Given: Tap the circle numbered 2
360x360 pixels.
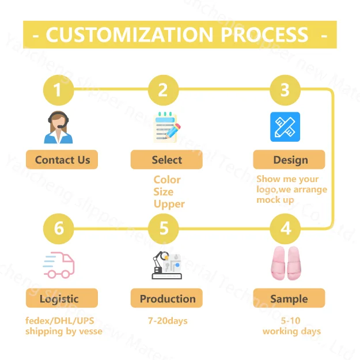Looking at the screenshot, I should [x=163, y=90].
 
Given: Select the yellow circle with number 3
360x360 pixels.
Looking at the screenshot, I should [x=285, y=90].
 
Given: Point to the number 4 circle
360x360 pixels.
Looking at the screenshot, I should [x=286, y=229].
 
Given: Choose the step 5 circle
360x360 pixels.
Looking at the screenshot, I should [x=164, y=229].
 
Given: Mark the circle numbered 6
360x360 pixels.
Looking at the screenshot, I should [x=59, y=229].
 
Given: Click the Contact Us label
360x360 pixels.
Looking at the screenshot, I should [x=62, y=160].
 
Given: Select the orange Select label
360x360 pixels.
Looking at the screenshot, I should [x=166, y=160].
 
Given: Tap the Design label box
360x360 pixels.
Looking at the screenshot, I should [x=290, y=160].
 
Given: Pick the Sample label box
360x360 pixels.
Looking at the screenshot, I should [x=289, y=298].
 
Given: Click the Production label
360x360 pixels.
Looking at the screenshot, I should [x=167, y=298].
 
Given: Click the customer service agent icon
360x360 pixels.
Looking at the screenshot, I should [x=59, y=127].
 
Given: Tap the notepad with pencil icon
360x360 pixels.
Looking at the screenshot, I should [x=167, y=127].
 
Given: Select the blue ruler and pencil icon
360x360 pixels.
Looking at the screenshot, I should [x=285, y=127].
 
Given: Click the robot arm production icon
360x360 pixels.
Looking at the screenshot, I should [x=166, y=266].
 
